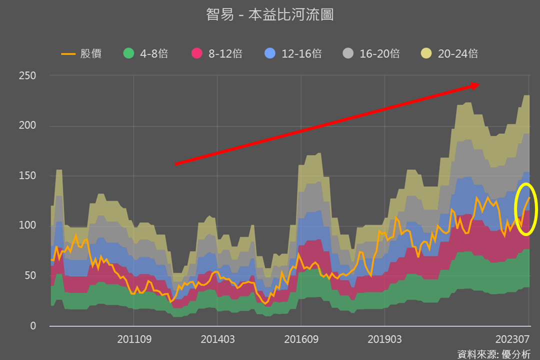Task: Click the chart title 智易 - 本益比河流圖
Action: pos(270,15)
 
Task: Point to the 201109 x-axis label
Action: pos(134,339)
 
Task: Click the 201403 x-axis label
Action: pos(217,339)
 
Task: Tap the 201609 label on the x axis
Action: pos(301,339)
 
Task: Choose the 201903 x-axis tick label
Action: pos(384,339)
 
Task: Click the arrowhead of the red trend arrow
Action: pos(475,85)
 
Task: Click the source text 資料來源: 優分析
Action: pos(493,354)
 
